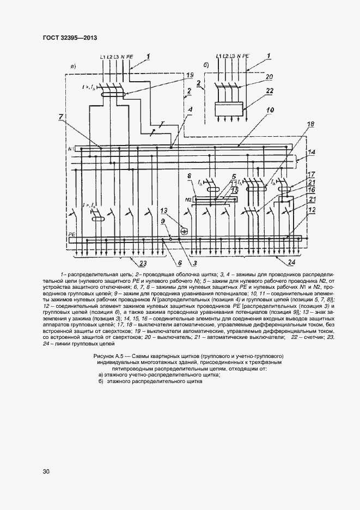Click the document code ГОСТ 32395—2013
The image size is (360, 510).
[69, 37]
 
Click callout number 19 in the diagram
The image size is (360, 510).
[189, 75]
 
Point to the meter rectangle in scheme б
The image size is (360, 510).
[228, 108]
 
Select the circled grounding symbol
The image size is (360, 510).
[184, 231]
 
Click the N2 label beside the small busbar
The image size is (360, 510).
[189, 199]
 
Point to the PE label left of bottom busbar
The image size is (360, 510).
[71, 233]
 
